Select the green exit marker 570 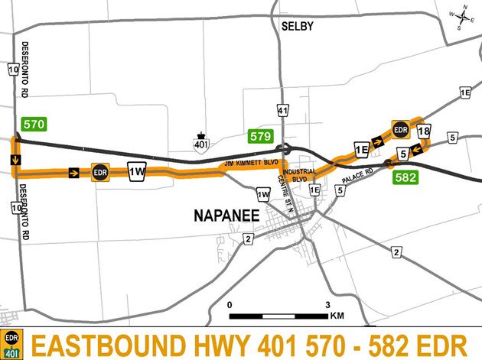coord(34,124)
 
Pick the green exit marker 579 coord(261,137)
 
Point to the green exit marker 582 coord(405,177)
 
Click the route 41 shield coord(283,112)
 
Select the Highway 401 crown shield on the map coord(201,144)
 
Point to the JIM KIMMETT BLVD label coord(251,164)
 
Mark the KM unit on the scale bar coord(337,316)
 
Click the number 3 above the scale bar coord(327,304)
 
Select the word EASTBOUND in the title coord(103,343)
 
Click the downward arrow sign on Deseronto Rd coord(15,159)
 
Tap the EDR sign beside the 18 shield coord(400,130)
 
